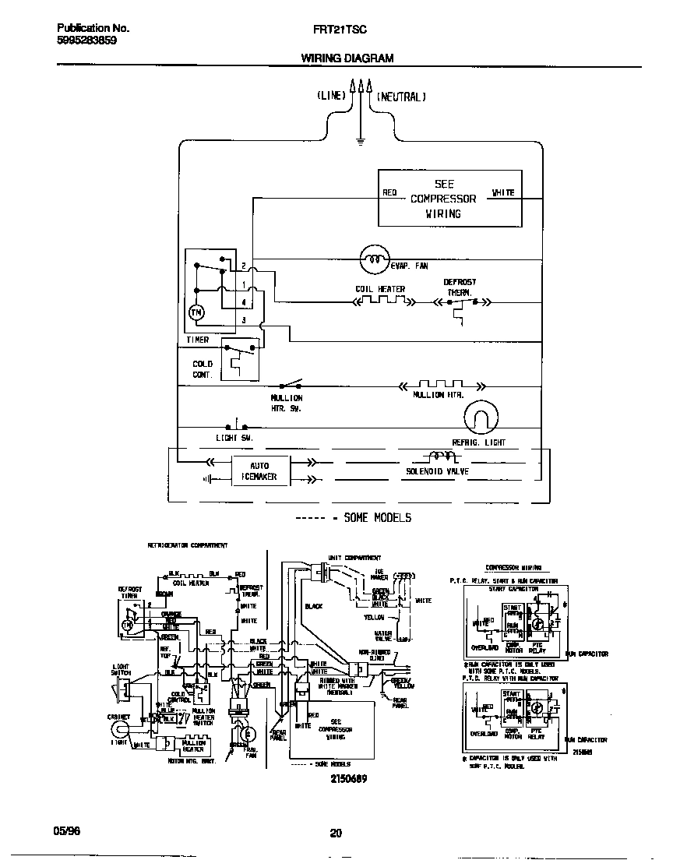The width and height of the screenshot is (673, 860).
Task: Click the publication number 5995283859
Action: tap(87, 41)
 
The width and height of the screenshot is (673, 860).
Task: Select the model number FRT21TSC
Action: tap(335, 28)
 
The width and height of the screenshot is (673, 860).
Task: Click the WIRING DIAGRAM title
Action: tap(347, 58)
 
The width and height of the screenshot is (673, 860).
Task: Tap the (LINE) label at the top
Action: tap(331, 97)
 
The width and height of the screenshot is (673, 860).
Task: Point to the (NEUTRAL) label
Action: tap(401, 97)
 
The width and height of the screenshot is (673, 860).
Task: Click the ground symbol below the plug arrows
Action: tap(360, 141)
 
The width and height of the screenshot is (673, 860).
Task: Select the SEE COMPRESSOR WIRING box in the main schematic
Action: tap(449, 199)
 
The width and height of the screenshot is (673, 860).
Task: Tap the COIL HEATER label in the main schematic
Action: tap(380, 289)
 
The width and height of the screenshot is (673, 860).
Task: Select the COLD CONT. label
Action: tap(203, 369)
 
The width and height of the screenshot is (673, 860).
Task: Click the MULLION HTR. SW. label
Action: tap(287, 403)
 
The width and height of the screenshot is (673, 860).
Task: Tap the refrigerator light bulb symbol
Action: tap(480, 418)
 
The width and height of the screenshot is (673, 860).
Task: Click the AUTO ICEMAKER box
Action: tap(259, 471)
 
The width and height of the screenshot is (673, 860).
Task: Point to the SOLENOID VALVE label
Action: tap(437, 472)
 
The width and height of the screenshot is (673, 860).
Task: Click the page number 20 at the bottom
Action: tap(336, 833)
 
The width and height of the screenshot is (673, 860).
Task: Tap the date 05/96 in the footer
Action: tap(69, 830)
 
